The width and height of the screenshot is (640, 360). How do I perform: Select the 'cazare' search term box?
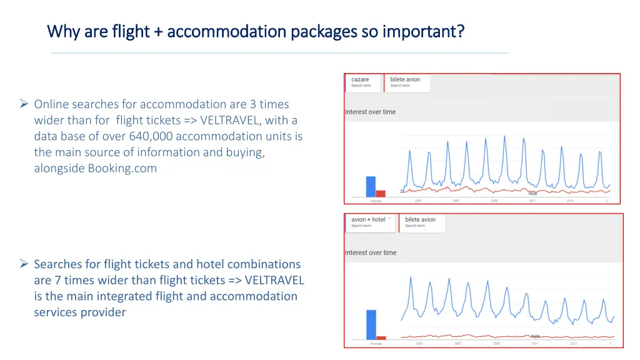(364, 82)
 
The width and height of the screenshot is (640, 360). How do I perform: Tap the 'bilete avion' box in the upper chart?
(407, 82)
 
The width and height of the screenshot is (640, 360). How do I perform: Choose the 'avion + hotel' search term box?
(371, 222)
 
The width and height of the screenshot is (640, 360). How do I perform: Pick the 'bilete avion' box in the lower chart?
(421, 222)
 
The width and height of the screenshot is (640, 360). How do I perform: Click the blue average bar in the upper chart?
(371, 186)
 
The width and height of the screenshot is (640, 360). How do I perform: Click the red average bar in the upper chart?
(381, 193)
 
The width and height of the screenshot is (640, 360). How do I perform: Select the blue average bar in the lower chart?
(371, 324)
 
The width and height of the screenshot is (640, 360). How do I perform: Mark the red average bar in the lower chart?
(381, 337)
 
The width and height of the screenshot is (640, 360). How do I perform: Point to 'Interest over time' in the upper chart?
(371, 112)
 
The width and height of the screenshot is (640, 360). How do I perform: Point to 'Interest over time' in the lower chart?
(371, 252)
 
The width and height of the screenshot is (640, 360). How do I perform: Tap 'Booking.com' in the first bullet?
(122, 168)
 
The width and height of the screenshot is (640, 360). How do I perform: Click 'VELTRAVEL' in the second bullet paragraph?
(274, 280)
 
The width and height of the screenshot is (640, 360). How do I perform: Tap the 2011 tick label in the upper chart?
(532, 201)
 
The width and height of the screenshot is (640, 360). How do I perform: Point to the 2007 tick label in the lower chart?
(457, 344)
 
